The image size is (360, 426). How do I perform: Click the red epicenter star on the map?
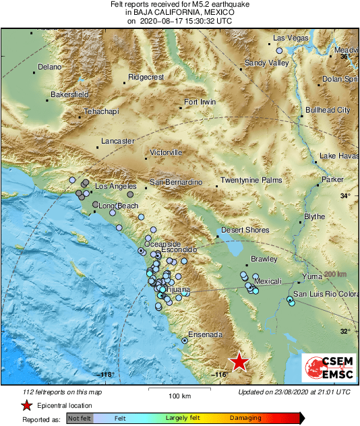(239, 362)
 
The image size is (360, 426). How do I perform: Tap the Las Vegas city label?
(291, 38)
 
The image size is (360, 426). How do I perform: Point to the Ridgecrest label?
(146, 78)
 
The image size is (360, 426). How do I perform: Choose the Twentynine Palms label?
(251, 182)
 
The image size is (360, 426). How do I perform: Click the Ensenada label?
(205, 334)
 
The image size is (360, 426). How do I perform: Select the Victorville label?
(166, 152)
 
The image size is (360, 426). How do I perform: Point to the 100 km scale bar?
(178, 390)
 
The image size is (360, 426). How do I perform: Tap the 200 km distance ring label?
(336, 274)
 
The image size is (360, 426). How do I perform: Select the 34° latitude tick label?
(345, 196)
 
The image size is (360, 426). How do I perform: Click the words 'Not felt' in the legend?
(80, 419)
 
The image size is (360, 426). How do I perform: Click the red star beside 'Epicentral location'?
(26, 405)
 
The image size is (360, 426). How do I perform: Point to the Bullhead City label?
(328, 110)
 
